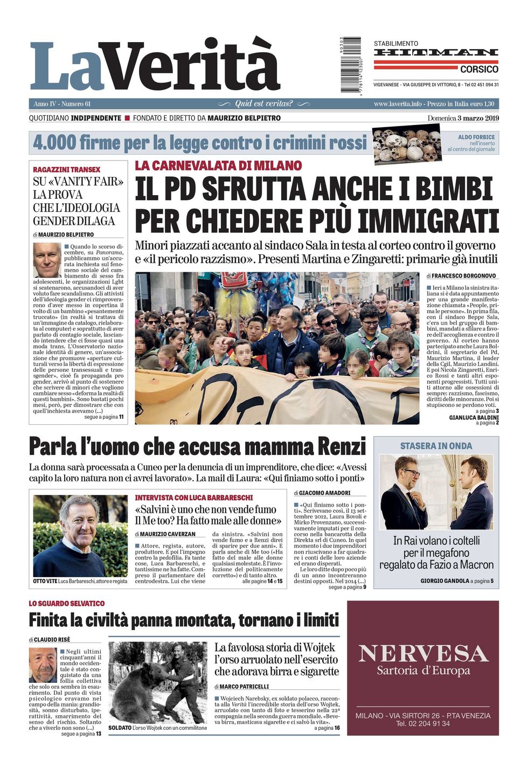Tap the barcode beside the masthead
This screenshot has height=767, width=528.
coord(351,64)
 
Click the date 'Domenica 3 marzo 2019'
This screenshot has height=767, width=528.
coord(463,118)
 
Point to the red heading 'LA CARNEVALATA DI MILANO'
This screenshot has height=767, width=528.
coord(218,165)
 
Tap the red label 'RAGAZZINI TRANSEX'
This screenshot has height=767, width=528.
coord(66,169)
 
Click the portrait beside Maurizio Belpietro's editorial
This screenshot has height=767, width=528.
coord(47,260)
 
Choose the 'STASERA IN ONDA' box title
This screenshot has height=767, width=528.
coord(436,446)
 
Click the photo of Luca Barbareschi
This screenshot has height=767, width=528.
coord(80,536)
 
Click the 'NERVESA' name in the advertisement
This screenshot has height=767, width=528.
coord(423,653)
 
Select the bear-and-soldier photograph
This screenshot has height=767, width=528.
coord(157,682)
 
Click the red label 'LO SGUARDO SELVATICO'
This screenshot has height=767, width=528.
coord(67,603)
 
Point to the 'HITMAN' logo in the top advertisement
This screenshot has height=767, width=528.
coord(436,53)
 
